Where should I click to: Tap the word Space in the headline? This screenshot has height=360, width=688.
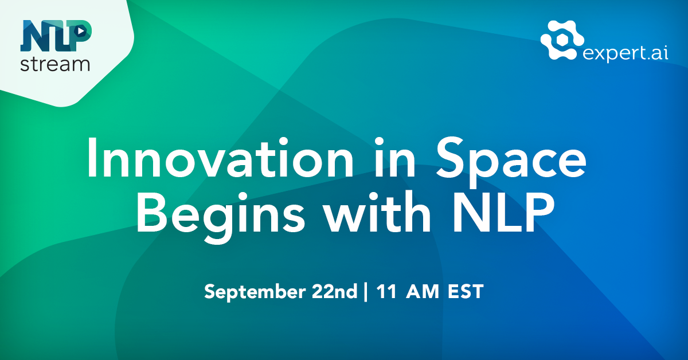coord(511,162)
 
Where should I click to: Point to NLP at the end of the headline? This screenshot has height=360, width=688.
coord(503,213)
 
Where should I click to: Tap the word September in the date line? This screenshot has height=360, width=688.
coord(255,292)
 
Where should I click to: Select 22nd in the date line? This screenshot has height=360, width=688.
coord(334,291)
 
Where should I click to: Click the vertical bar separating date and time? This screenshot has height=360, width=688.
coord(365,292)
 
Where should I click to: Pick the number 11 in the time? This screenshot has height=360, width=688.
coord(386,291)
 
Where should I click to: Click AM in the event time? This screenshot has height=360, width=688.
coord(423,291)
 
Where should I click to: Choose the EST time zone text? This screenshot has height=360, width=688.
coord(466,291)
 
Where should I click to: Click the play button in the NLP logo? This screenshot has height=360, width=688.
coord(80,31)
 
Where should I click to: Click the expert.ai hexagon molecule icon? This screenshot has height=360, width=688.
coord(562,40)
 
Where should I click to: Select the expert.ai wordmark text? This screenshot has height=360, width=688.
coord(625,54)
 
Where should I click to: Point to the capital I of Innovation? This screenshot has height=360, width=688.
coord(91,158)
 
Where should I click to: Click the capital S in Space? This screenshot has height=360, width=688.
coord(449,157)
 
